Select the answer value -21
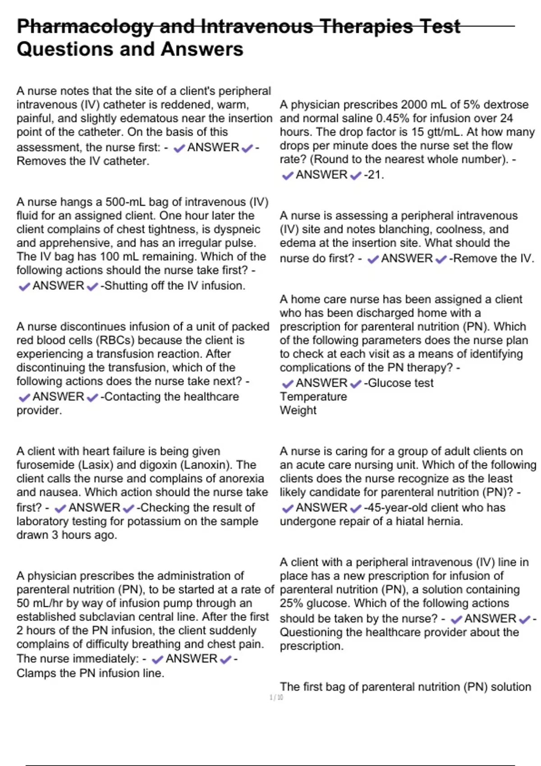point(374,175)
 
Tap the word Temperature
point(313,397)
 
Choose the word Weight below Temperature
point(298,410)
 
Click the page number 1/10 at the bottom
point(276,698)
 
